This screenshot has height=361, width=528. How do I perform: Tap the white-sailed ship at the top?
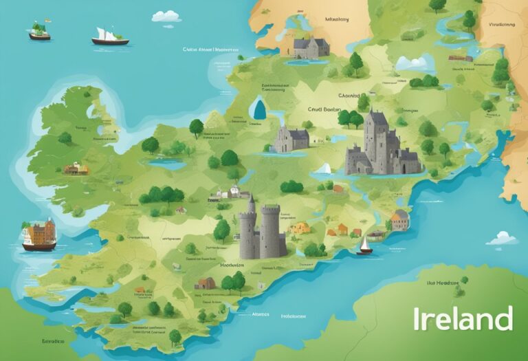(x=110, y=37)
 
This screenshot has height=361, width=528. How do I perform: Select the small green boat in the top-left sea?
(x=39, y=32)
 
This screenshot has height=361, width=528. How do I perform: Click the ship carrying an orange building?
(x=38, y=234)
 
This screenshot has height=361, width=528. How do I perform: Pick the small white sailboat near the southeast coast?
(x=364, y=245)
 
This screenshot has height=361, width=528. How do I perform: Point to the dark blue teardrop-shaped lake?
(x=259, y=108)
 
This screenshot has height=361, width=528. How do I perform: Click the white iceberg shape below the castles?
(x=323, y=168)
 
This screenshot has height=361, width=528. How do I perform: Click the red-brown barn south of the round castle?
(x=206, y=283)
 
